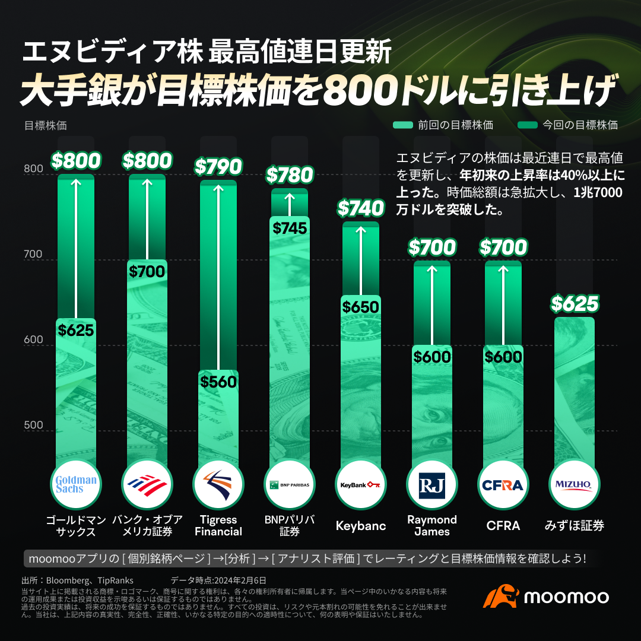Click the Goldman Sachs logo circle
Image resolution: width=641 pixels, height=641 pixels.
tap(76, 484)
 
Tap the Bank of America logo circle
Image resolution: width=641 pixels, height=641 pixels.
tap(147, 484)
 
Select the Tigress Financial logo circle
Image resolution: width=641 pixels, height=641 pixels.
tap(218, 484)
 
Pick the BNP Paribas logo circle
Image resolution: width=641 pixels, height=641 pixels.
tap(290, 484)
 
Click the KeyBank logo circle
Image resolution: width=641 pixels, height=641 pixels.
tap(361, 484)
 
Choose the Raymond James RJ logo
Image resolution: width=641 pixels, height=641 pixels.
tap(432, 484)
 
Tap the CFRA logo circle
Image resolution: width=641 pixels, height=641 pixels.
tap(503, 484)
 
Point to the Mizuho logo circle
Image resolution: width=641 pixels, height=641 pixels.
tap(574, 484)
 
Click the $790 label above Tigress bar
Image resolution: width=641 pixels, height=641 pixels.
tap(218, 167)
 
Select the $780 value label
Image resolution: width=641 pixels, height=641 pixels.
tap(290, 175)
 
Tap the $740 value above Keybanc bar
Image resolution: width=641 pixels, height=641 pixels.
tap(361, 208)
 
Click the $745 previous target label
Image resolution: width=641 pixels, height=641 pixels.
tap(290, 228)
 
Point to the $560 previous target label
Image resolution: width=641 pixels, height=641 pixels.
tap(218, 382)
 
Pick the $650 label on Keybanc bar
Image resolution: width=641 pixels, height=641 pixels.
tap(361, 307)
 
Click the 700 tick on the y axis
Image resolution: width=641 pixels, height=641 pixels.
tap(33, 255)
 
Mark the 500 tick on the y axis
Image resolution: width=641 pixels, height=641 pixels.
tap(33, 425)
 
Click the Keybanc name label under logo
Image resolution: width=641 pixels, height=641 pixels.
tap(361, 526)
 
